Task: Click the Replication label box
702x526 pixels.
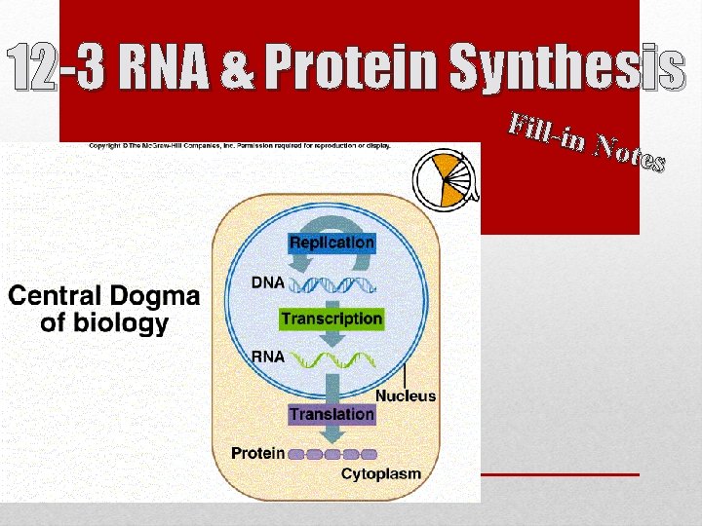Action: coord(331,242)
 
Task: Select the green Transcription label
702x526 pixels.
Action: coord(331,319)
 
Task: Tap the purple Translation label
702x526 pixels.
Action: coord(331,414)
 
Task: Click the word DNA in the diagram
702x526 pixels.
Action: coord(268,282)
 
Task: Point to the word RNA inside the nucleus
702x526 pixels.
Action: coord(268,357)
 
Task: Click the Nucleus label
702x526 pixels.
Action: coord(406,396)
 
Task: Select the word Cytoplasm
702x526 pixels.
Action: coord(381,474)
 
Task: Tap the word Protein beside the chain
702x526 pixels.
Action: coord(257,453)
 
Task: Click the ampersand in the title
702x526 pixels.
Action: coord(238,67)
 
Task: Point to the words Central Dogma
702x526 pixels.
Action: coord(104,296)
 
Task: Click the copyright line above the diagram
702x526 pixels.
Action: coord(240,145)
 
